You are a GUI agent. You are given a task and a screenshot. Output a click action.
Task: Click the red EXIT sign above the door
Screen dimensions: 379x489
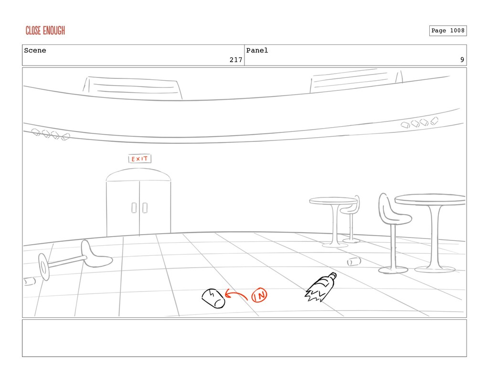click(139, 159)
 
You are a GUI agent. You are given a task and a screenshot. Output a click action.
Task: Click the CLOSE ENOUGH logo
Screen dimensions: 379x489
click(45, 31)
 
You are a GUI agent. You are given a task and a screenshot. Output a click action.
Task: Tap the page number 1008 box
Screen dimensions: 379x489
click(447, 31)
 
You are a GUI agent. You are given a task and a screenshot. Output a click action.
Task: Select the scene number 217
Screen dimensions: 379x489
click(235, 60)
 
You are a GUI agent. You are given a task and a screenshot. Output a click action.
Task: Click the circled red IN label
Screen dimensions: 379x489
click(259, 295)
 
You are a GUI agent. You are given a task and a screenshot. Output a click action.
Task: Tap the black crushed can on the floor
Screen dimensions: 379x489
click(213, 298)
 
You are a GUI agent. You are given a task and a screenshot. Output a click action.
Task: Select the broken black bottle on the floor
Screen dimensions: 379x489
click(320, 288)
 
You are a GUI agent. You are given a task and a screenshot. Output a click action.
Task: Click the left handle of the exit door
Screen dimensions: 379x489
click(134, 207)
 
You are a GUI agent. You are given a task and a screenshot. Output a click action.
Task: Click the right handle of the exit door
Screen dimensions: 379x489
click(145, 207)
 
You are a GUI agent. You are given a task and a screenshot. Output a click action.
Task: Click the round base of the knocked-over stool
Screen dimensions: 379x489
click(44, 267)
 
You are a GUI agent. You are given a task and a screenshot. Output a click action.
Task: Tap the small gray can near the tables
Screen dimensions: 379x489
click(353, 261)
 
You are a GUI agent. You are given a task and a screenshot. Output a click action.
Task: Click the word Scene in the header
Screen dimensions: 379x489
click(35, 51)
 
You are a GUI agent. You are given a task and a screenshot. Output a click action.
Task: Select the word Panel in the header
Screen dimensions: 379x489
click(257, 51)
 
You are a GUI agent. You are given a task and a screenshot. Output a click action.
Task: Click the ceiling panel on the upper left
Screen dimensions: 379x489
click(133, 88)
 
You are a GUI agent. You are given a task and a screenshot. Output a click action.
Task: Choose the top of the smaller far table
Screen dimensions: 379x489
click(333, 200)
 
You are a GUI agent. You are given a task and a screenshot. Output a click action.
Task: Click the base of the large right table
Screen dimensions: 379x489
click(435, 269)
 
